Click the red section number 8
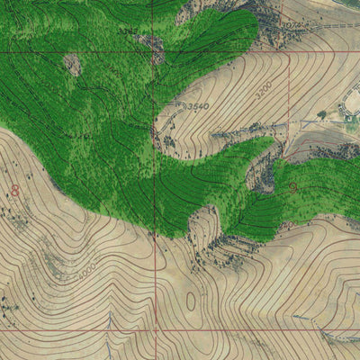(x=14, y=191)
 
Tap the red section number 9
(x=293, y=188)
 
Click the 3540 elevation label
(x=197, y=106)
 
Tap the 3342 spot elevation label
(x=129, y=31)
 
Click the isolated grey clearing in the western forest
(x=72, y=64)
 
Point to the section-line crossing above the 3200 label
(x=288, y=51)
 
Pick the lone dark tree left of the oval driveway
(x=321, y=115)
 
